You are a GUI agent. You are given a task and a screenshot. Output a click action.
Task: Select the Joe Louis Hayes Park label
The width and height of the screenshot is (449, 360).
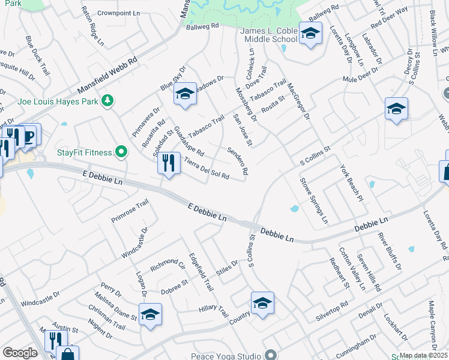click(58, 101)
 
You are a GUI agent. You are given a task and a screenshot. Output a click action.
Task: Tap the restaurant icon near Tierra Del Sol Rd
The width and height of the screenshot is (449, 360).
click(169, 162)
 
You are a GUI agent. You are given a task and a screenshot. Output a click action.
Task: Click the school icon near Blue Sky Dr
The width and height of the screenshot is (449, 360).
click(185, 94)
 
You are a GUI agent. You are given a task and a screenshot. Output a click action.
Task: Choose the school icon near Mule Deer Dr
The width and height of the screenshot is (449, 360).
click(396, 109)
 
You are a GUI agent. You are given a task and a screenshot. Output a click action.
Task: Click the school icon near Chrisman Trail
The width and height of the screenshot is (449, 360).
click(150, 314)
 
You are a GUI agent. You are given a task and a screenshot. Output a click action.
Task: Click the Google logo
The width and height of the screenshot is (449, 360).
click(20, 353)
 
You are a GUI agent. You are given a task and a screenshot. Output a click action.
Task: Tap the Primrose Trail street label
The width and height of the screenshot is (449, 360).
click(129, 211)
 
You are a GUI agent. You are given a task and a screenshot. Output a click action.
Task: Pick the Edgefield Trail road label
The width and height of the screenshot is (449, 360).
click(200, 271)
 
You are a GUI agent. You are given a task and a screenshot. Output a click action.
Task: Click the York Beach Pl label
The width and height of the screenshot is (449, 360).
click(352, 182)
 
